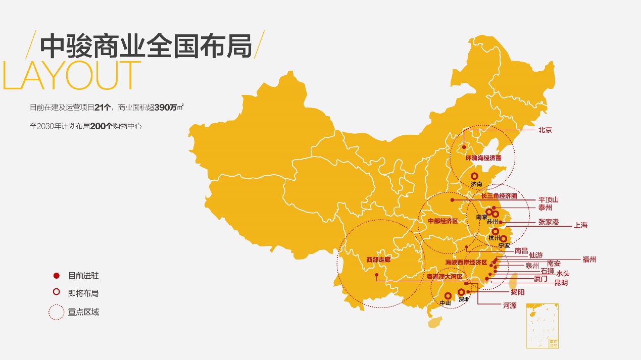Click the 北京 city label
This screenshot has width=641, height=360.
click(545, 130)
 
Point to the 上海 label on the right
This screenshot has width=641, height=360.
click(580, 225)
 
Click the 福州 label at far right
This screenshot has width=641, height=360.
click(589, 260)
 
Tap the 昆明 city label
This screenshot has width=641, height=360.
click(561, 283)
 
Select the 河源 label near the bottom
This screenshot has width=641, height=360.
click(510, 305)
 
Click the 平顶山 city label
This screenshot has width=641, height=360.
click(548, 200)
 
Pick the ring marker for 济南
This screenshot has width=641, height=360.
click(474, 176)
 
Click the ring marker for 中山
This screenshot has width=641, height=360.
click(448, 296)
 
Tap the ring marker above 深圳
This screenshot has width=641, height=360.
click(461, 292)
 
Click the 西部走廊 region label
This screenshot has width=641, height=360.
click(378, 260)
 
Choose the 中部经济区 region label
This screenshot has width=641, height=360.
click(442, 221)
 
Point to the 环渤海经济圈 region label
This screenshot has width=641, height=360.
click(483, 158)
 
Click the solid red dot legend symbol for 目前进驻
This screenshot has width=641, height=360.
click(57, 276)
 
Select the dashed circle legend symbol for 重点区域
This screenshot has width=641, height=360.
click(57, 312)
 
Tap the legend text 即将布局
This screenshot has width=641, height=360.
click(83, 293)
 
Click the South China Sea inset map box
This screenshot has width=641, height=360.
click(543, 326)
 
